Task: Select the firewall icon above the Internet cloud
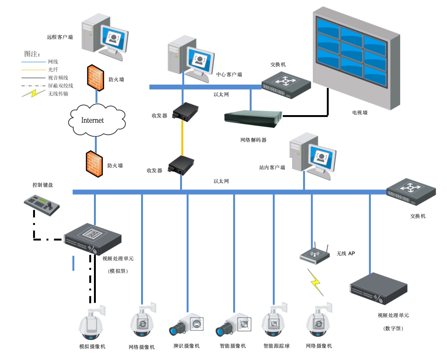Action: click(x=96, y=78)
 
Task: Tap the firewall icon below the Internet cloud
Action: click(x=94, y=164)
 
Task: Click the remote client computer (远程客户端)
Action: click(x=105, y=36)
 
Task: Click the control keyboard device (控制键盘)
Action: click(x=42, y=205)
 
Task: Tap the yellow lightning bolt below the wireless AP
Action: click(x=316, y=283)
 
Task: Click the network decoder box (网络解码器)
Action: click(x=253, y=118)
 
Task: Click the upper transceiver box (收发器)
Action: click(x=186, y=112)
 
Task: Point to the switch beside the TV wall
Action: click(x=286, y=85)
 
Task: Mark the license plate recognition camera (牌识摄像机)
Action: click(x=187, y=325)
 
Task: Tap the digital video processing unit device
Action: click(x=378, y=289)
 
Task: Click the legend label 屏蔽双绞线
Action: click(x=61, y=86)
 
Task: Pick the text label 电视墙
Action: click(x=360, y=113)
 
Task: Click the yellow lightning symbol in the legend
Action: click(x=33, y=93)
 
